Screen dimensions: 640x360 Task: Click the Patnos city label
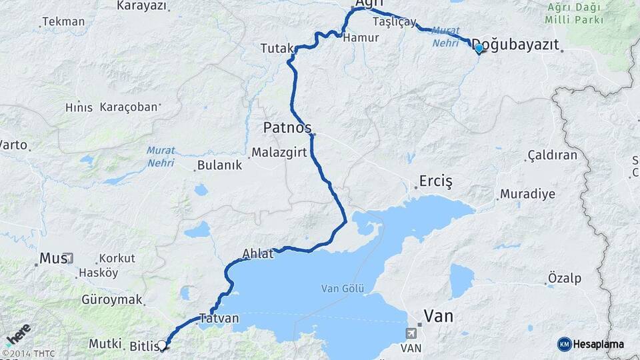(x=287, y=127)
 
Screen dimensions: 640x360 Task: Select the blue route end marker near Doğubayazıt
(x=478, y=48)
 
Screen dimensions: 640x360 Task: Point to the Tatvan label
(x=219, y=318)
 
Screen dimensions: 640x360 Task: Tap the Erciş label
(x=436, y=181)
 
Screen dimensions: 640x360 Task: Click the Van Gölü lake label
(x=343, y=288)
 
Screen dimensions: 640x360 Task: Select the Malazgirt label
(x=279, y=153)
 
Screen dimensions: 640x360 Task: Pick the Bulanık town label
(x=220, y=165)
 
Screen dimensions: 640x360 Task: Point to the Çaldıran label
(x=552, y=155)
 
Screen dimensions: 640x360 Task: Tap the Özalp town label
(x=564, y=277)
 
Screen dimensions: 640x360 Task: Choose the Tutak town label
(x=277, y=48)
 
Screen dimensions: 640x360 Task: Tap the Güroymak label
(x=112, y=299)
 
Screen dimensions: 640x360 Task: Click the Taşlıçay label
(x=395, y=21)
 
